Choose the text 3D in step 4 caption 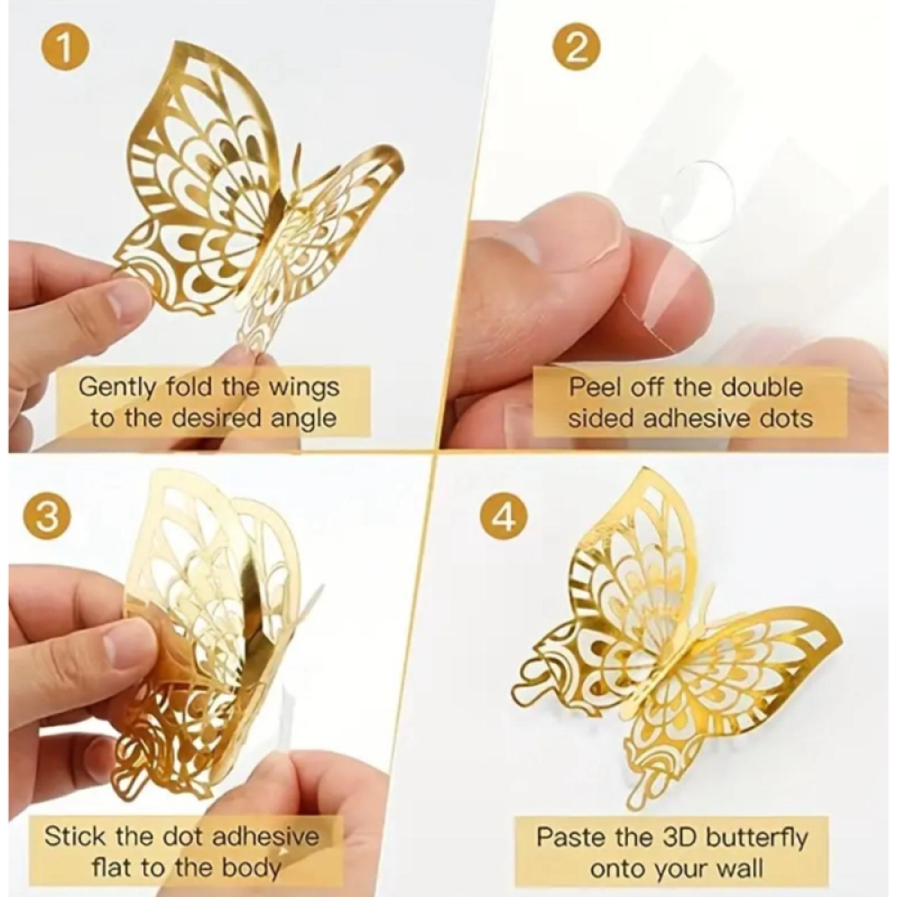pyautogui.click(x=679, y=838)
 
